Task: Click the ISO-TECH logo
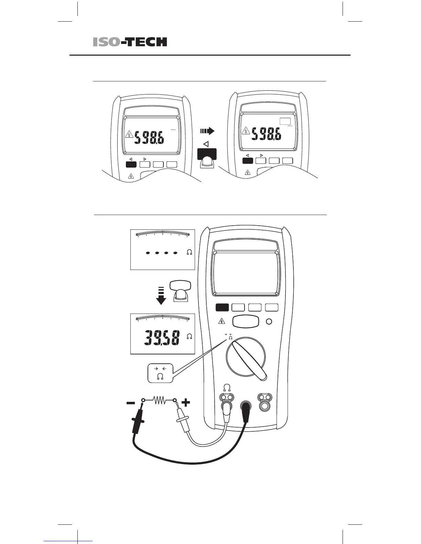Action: pos(130,42)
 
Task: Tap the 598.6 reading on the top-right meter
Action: pos(266,134)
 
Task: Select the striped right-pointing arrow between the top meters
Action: pos(207,131)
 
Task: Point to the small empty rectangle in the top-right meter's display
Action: pos(285,121)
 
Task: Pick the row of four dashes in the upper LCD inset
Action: pos(161,253)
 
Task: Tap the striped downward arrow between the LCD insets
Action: pos(161,296)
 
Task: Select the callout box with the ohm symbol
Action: pos(160,373)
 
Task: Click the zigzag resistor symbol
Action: pos(159,400)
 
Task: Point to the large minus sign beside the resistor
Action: pos(131,403)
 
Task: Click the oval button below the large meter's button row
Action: pos(246,322)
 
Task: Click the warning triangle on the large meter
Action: pos(222,321)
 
